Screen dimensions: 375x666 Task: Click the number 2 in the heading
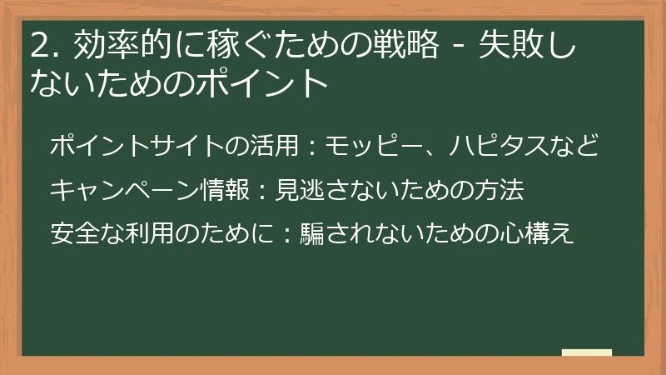[x=38, y=45]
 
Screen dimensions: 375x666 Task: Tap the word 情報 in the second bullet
[x=229, y=190]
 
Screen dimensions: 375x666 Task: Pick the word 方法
[x=501, y=190]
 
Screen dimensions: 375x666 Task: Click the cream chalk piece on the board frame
[x=587, y=352]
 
